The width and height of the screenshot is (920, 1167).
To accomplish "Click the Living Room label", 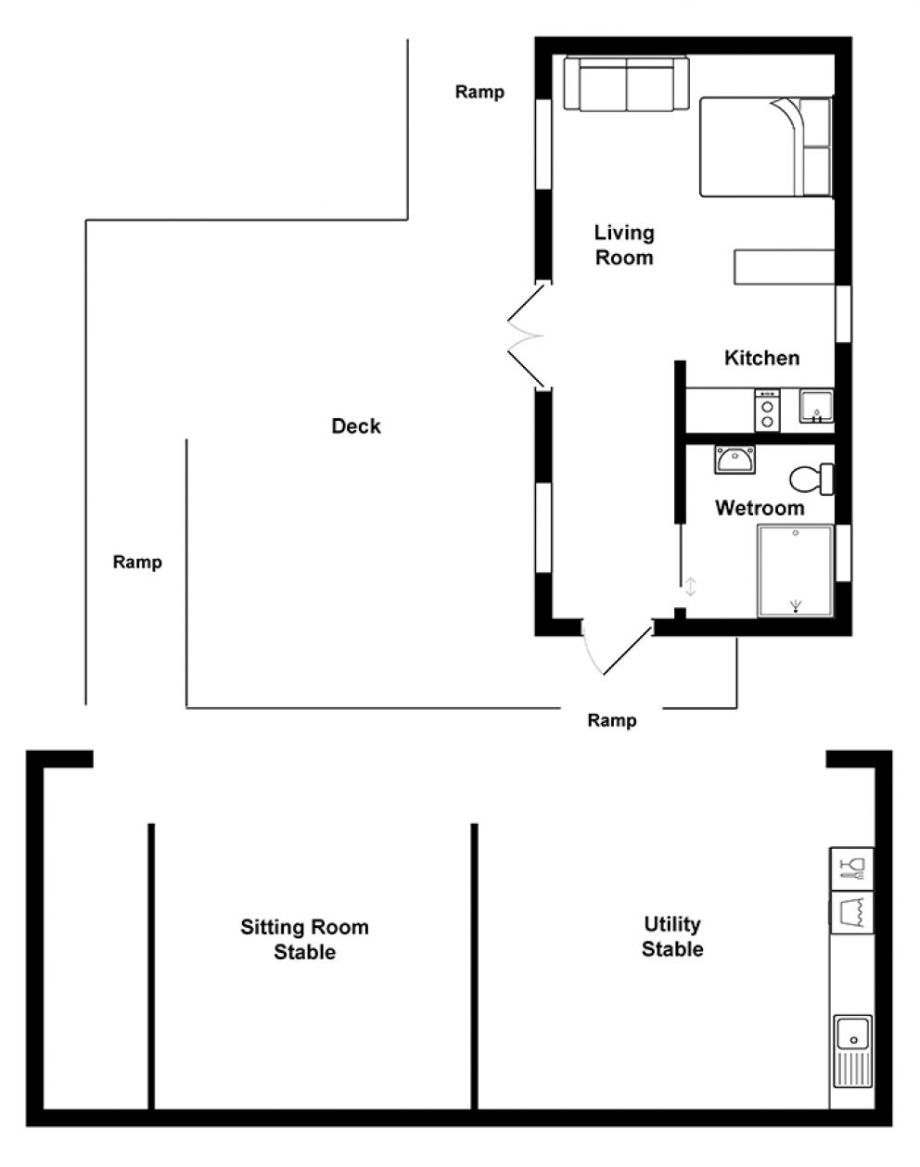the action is click(x=624, y=245).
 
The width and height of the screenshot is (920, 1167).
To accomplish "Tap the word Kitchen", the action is click(x=761, y=358).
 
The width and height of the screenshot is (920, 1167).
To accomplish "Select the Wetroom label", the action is click(x=760, y=508).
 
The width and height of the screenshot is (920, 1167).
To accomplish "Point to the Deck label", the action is click(x=356, y=426).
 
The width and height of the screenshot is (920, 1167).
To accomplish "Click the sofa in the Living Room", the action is click(x=626, y=84).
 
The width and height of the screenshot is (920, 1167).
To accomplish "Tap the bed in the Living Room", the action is click(x=766, y=146).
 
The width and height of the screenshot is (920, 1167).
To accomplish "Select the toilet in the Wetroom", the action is click(x=811, y=479).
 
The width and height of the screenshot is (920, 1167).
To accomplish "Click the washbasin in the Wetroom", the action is click(x=735, y=460).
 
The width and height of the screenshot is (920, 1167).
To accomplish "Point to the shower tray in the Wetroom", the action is click(x=795, y=571).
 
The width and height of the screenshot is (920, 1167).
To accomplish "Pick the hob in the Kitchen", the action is click(x=767, y=411).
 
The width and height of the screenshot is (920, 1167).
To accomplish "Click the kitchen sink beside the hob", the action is click(x=816, y=406).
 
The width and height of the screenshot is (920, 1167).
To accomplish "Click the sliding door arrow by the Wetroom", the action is click(x=690, y=587).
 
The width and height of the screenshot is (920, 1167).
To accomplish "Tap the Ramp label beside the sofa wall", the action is click(x=479, y=92).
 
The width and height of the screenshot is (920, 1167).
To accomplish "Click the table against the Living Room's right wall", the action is click(x=785, y=267).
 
